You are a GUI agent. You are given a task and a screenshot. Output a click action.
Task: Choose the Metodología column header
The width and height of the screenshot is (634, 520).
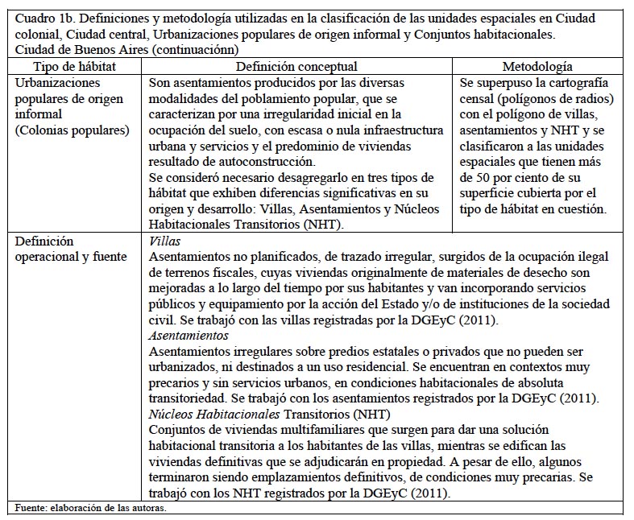pyautogui.click(x=537, y=67)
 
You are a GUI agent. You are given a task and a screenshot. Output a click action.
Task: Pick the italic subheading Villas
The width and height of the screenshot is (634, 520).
pyautogui.click(x=165, y=241)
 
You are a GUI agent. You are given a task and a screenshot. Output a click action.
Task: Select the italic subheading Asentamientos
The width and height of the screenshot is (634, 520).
pyautogui.click(x=189, y=335)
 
